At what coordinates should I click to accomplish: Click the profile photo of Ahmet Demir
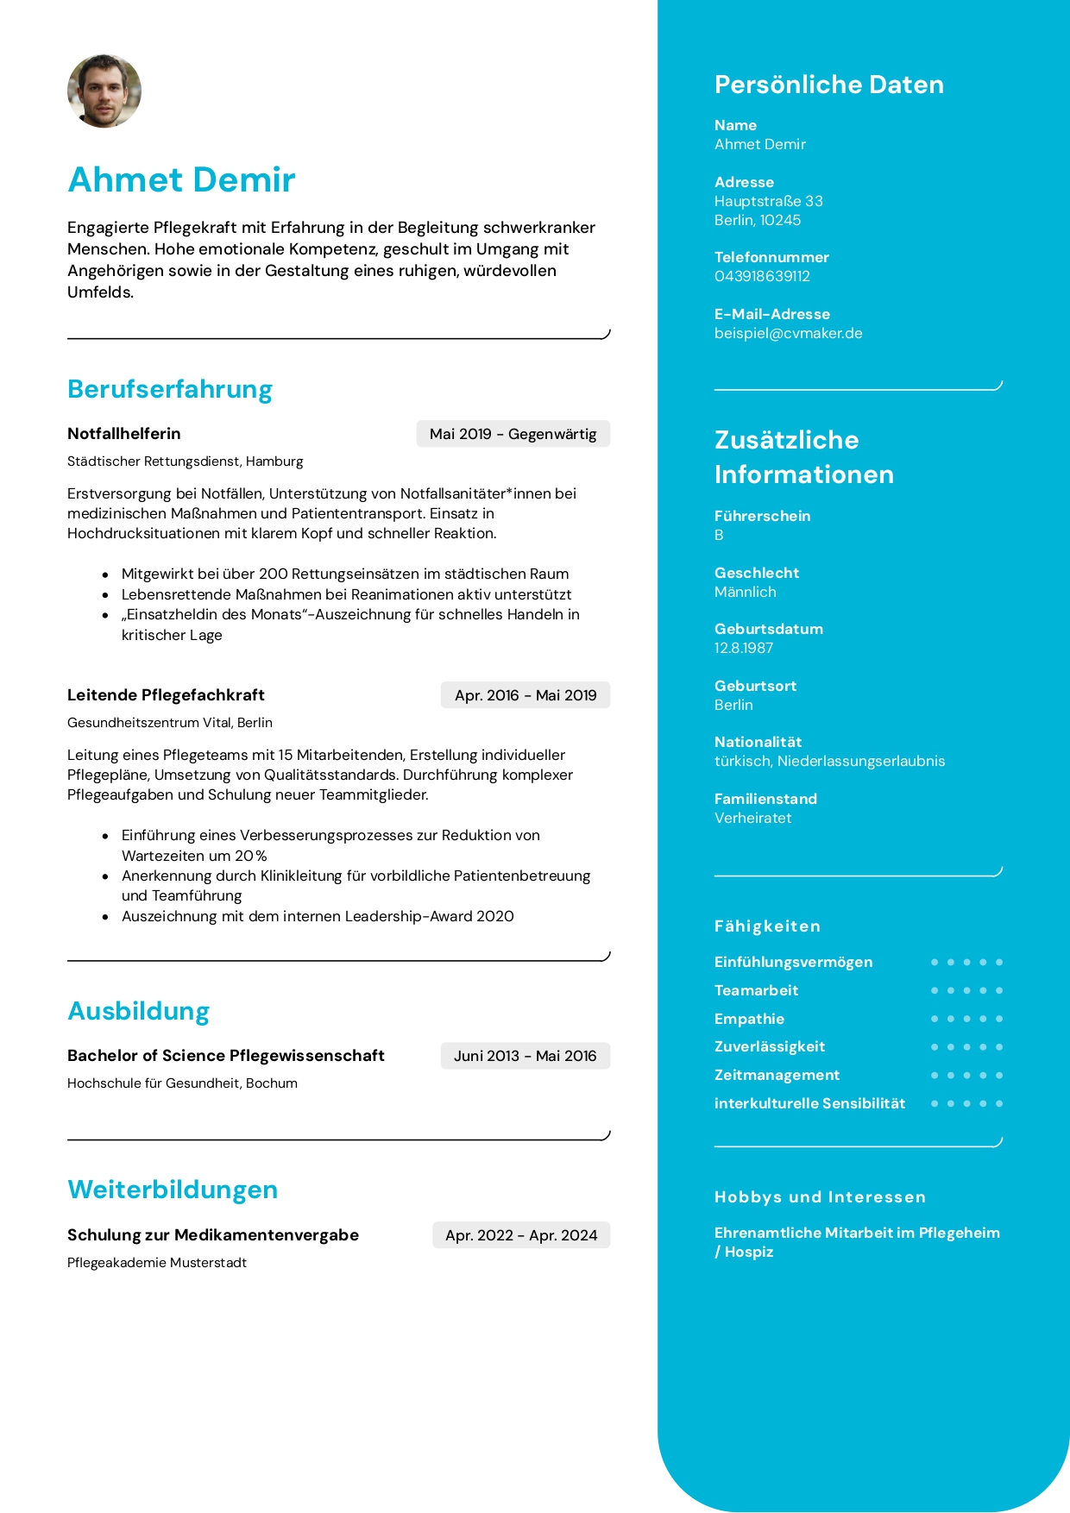(x=104, y=91)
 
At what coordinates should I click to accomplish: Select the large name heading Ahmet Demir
(x=181, y=179)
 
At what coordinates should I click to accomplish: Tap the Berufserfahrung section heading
(x=170, y=389)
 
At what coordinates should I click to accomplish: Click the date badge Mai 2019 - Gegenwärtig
(x=513, y=434)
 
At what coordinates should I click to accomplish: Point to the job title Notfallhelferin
(x=124, y=434)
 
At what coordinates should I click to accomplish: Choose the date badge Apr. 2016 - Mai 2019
(x=525, y=695)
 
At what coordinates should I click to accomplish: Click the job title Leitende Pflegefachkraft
(x=166, y=695)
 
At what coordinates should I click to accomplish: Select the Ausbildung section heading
(x=139, y=1011)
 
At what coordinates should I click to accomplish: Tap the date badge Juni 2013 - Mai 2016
(x=525, y=1056)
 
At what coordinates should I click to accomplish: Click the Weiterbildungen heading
(x=173, y=1190)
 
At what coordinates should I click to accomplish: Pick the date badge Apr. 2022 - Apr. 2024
(x=521, y=1235)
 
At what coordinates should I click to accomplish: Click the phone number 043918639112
(x=762, y=276)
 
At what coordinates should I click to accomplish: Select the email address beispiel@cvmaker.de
(x=788, y=333)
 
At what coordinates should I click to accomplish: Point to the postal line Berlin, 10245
(x=757, y=220)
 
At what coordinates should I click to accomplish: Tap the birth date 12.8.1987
(x=743, y=648)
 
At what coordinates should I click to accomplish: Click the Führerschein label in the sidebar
(x=762, y=516)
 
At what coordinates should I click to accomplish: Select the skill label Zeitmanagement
(x=777, y=1075)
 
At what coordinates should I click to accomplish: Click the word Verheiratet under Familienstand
(x=752, y=818)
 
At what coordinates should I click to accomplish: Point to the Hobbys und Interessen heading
(x=820, y=1197)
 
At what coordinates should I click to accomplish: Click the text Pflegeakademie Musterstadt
(x=157, y=1263)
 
